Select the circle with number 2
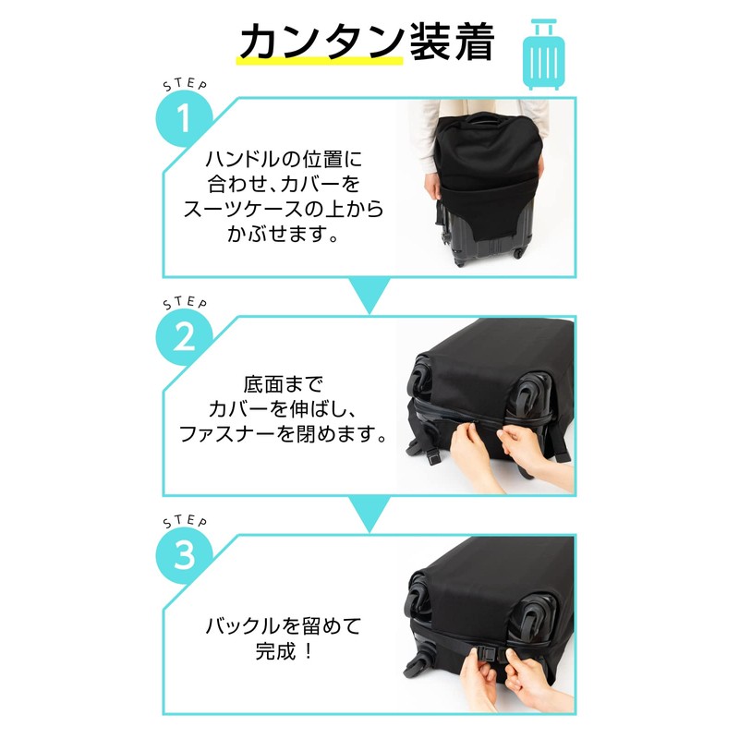(x=184, y=337)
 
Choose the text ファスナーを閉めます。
(x=281, y=433)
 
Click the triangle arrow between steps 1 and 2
(x=369, y=295)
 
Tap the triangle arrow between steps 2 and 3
(x=369, y=514)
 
